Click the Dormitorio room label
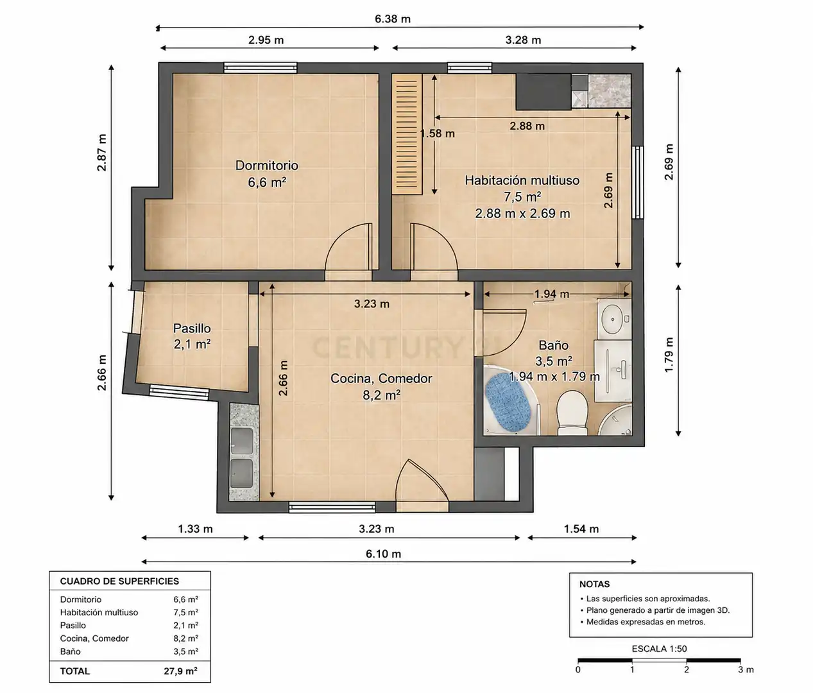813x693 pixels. (267, 165)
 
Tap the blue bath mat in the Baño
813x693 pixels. (508, 401)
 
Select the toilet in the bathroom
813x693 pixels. (572, 413)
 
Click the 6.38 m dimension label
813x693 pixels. (393, 19)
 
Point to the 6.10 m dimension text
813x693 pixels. (384, 554)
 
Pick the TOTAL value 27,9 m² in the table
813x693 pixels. (180, 671)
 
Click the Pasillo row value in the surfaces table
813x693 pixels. (185, 626)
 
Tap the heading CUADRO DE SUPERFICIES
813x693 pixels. (119, 581)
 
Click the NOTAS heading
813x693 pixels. (594, 584)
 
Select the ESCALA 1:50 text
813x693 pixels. (659, 649)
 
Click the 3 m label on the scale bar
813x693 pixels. (746, 669)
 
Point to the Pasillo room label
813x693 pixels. (192, 328)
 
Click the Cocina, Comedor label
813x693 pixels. (381, 379)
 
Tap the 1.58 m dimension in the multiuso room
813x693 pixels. (438, 133)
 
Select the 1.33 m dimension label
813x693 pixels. (195, 529)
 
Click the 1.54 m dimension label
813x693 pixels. (581, 529)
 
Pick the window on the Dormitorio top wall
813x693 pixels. (261, 67)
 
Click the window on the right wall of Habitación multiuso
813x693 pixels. (638, 182)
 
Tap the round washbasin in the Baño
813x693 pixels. (613, 320)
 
